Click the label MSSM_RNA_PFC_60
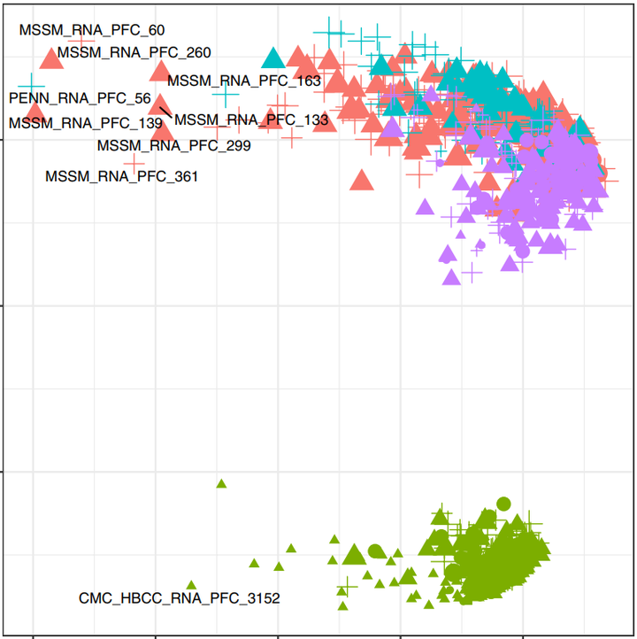[x=92, y=30]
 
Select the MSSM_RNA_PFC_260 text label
[x=134, y=51]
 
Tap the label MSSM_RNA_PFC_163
[x=244, y=81]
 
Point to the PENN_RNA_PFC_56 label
[x=80, y=97]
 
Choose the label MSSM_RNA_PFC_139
[x=86, y=122]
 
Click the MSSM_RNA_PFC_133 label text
[x=251, y=119]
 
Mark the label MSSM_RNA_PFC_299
[x=173, y=145]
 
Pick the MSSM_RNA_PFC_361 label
[x=121, y=176]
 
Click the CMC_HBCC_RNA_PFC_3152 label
[x=180, y=598]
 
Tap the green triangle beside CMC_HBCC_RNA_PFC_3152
[x=191, y=585]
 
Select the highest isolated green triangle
[x=221, y=483]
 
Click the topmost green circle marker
[x=503, y=504]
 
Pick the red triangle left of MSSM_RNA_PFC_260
[x=49, y=59]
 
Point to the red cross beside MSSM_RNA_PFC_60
[x=81, y=40]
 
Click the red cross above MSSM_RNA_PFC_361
[x=134, y=163]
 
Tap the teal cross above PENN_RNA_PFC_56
[x=31, y=86]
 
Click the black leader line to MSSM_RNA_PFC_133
[x=165, y=111]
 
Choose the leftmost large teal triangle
[x=273, y=58]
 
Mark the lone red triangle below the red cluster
[x=360, y=181]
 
